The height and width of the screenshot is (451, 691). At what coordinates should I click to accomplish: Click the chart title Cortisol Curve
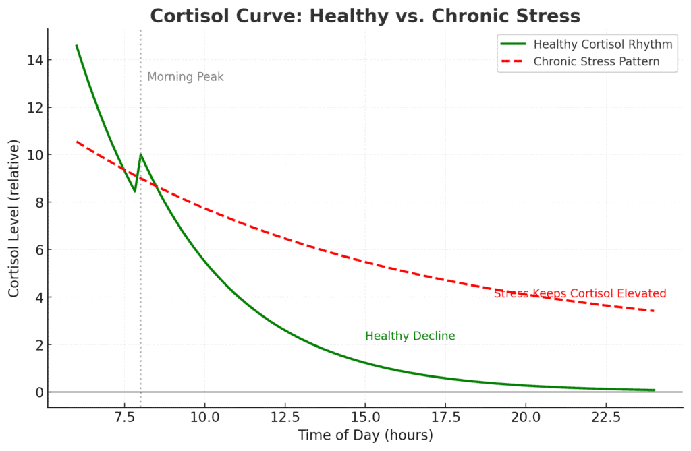pyautogui.click(x=364, y=16)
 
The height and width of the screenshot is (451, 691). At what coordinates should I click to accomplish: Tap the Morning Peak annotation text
pyautogui.click(x=185, y=77)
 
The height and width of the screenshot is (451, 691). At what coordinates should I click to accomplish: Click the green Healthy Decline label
pyautogui.click(x=410, y=336)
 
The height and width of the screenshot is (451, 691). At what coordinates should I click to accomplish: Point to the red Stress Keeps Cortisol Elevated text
pyautogui.click(x=580, y=293)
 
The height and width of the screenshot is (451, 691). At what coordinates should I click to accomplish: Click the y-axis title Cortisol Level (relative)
pyautogui.click(x=14, y=218)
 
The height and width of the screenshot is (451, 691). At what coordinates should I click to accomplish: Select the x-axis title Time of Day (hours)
pyautogui.click(x=365, y=435)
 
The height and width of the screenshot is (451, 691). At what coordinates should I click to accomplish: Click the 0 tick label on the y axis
pyautogui.click(x=38, y=392)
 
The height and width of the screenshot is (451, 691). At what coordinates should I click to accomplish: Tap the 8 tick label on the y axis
pyautogui.click(x=38, y=202)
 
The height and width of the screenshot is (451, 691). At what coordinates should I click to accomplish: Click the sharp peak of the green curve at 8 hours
pyautogui.click(x=140, y=154)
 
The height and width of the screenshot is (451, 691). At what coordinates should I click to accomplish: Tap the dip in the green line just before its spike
pyautogui.click(x=135, y=191)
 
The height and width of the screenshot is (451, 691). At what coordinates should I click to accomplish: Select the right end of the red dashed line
pyautogui.click(x=654, y=311)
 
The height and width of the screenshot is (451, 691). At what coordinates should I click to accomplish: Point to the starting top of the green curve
pyautogui.click(x=76, y=46)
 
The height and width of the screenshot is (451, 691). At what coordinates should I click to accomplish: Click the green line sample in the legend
pyautogui.click(x=513, y=44)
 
